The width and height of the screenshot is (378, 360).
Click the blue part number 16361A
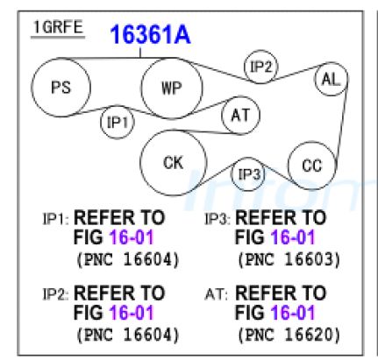pos(150,34)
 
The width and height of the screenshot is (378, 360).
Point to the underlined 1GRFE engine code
pos(58,28)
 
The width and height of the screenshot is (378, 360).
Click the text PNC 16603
pos(289,259)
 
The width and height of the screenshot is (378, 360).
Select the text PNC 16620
pos(289,335)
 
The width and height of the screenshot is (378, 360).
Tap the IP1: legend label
pos(55,219)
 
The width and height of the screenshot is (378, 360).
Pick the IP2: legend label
pos(55,294)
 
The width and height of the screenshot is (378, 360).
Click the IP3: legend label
pos(218,219)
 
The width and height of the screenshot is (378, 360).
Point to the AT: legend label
pos(217,294)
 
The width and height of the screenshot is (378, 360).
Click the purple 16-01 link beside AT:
pos(293,313)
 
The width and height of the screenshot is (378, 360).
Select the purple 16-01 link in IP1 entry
pos(132,237)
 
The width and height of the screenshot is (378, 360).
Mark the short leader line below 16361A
pos(140,53)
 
